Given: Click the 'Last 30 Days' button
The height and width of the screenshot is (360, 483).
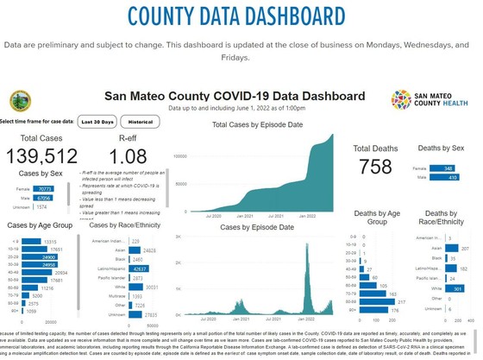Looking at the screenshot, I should [95, 123].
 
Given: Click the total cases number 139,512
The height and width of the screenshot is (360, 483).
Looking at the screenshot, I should [41, 155].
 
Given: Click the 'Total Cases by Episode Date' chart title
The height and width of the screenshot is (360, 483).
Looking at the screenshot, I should [259, 126].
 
